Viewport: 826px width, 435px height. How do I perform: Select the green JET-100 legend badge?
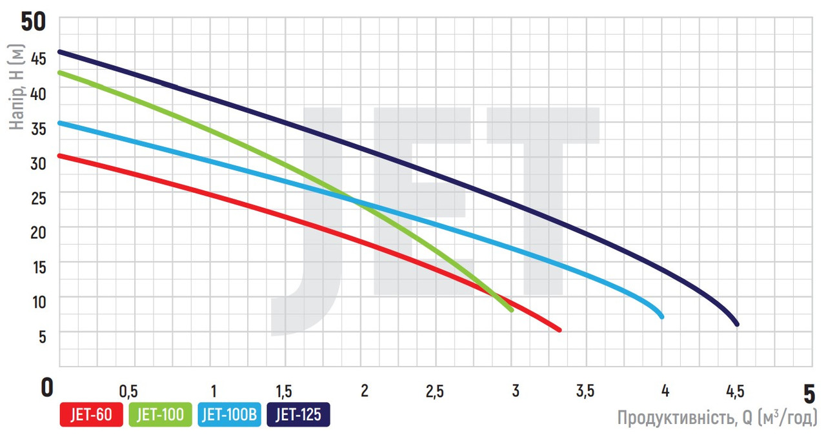click(x=161, y=415)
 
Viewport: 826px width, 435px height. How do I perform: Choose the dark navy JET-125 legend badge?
click(x=298, y=415)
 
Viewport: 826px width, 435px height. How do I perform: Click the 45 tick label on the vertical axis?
click(x=38, y=58)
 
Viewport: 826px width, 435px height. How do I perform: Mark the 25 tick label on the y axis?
click(x=38, y=197)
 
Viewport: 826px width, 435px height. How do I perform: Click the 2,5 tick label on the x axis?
click(x=434, y=391)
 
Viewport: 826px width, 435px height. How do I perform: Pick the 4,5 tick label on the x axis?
click(x=734, y=391)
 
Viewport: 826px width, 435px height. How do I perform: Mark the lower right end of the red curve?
click(x=559, y=330)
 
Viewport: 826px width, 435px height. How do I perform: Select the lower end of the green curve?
click(x=512, y=310)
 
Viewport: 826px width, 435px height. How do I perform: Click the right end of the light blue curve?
click(x=661, y=316)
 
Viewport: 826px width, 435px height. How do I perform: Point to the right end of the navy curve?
click(x=736, y=324)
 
